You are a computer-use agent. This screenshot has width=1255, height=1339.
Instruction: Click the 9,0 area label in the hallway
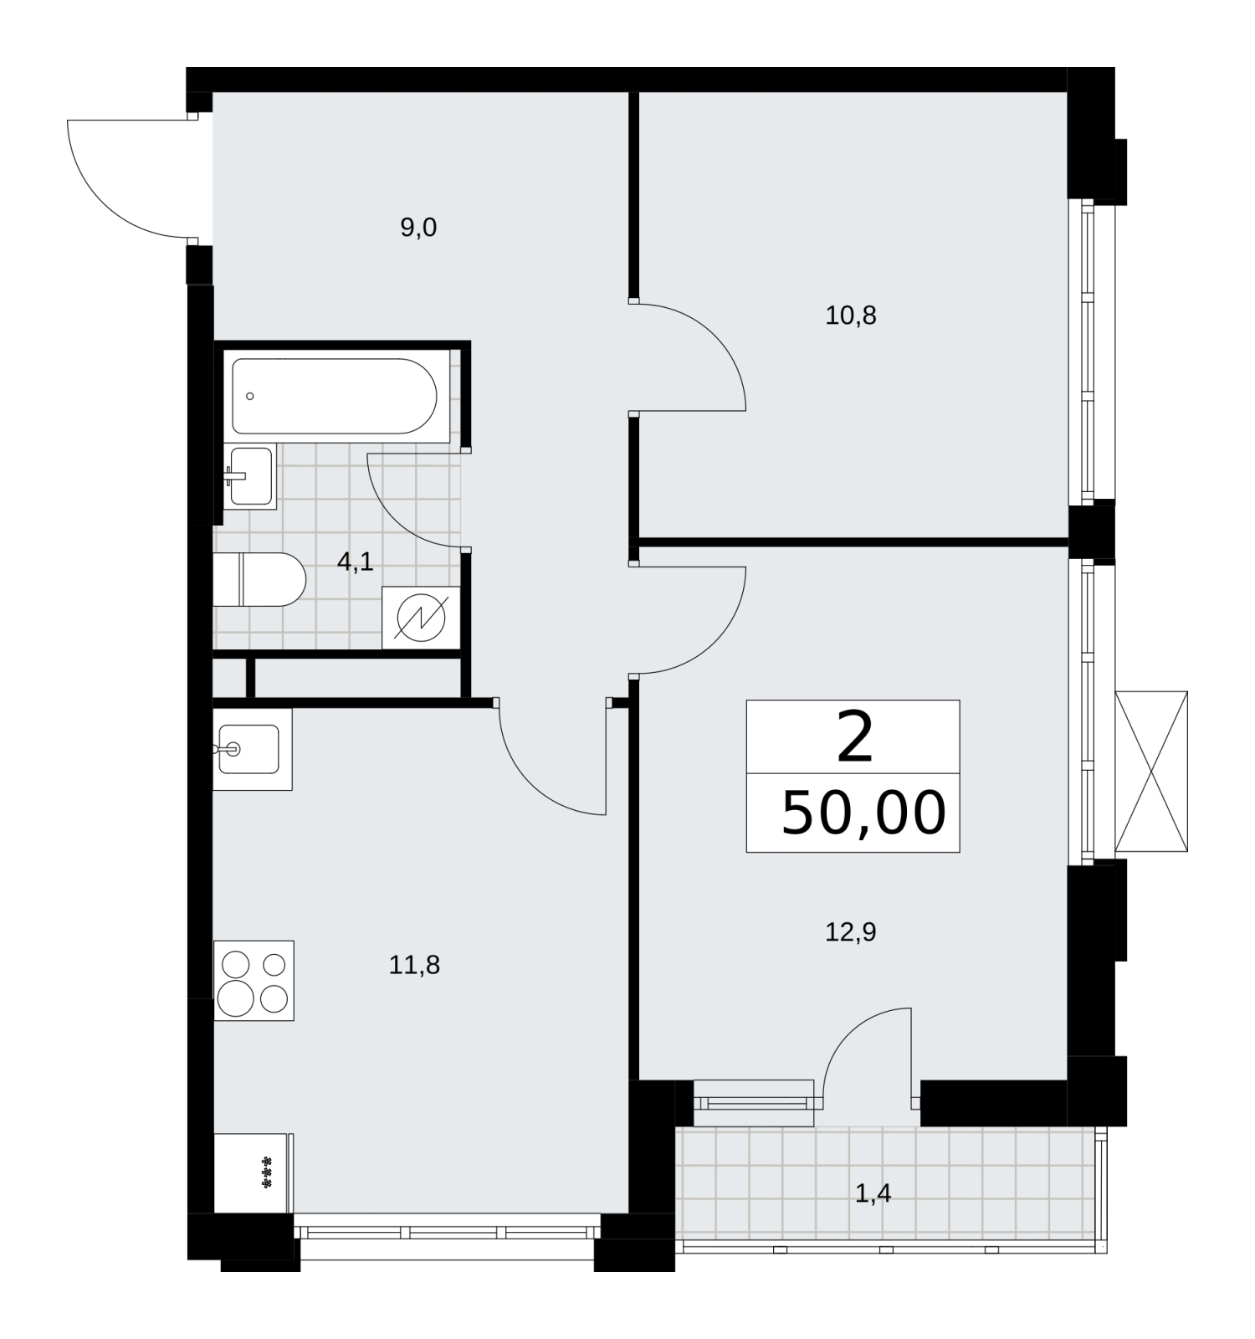coord(418,228)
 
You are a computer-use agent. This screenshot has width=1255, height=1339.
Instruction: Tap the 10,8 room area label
coord(851,316)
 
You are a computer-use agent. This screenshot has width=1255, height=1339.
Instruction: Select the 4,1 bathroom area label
coord(355,562)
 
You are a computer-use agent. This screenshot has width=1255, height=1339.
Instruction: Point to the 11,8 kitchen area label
coord(414,966)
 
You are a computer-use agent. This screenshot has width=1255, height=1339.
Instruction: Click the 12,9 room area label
coord(851,931)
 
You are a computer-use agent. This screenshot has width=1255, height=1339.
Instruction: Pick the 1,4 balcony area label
coord(873,1193)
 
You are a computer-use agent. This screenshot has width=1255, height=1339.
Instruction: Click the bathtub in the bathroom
coord(335,396)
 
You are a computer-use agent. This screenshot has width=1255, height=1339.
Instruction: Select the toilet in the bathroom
coord(260,580)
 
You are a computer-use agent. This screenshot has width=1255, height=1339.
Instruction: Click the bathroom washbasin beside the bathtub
coord(250,475)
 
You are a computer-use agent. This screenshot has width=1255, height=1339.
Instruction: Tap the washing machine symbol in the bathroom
coord(421,618)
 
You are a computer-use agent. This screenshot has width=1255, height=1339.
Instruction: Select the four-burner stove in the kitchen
coord(254,980)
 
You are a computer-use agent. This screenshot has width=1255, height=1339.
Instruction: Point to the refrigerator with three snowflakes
coord(253,1173)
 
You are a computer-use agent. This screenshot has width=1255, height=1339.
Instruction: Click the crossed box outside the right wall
coord(1151,772)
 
